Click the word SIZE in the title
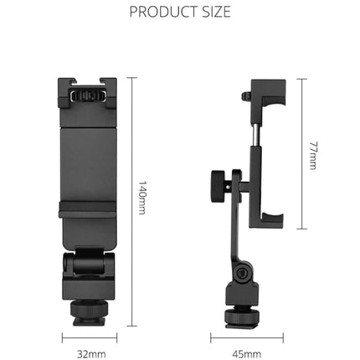click(x=214, y=13)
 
